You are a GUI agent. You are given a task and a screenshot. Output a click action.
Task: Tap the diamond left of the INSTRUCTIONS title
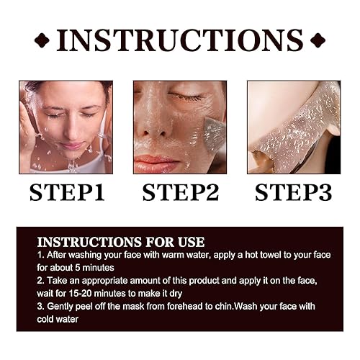click(x=42, y=40)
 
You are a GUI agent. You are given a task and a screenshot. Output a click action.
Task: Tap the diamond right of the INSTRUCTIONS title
click(x=318, y=40)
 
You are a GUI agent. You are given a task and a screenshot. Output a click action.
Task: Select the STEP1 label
click(x=66, y=193)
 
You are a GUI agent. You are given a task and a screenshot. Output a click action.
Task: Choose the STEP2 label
click(x=179, y=193)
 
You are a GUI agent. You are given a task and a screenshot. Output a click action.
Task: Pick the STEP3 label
click(x=293, y=193)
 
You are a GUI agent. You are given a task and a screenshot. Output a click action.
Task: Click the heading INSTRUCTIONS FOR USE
click(x=121, y=242)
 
